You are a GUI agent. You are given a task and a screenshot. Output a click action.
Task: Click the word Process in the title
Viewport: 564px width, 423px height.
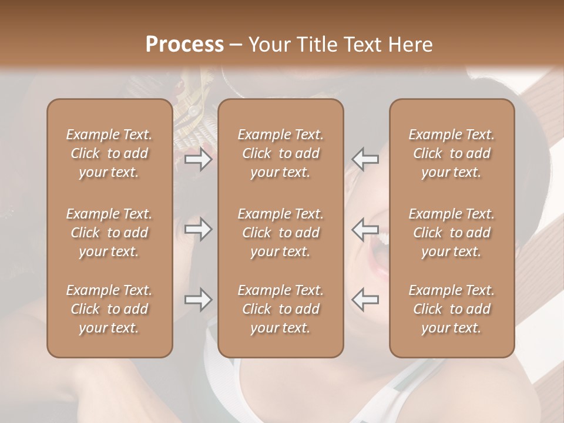tap(184, 45)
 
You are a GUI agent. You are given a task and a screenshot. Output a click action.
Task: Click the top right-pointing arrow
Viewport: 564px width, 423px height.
tap(198, 159)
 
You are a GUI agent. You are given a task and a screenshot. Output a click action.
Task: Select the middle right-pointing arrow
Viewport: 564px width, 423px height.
tap(198, 229)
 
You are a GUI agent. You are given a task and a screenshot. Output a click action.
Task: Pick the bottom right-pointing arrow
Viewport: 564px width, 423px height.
tap(198, 300)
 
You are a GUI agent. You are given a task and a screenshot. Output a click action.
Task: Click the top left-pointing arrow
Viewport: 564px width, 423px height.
tap(365, 159)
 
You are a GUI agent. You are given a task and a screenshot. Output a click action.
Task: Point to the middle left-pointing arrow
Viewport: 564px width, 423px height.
tap(365, 229)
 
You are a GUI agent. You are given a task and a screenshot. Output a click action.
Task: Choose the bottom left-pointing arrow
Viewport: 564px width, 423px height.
tap(365, 300)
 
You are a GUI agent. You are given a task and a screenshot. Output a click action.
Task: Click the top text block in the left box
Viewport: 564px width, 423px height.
tap(109, 153)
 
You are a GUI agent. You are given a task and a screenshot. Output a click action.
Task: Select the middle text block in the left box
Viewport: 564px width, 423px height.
tap(109, 233)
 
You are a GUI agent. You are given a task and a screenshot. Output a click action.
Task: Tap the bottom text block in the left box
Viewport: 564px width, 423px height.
tap(109, 309)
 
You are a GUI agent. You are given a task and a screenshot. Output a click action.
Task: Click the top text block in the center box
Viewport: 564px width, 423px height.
tap(281, 153)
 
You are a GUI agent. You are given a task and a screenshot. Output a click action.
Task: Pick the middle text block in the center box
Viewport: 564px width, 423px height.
tap(281, 233)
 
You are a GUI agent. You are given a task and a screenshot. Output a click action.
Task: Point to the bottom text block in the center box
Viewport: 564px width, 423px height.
tap(281, 309)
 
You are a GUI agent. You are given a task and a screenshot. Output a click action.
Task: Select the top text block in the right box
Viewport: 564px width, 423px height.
tap(452, 153)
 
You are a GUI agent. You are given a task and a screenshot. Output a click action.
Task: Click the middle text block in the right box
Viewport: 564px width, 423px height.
tap(452, 233)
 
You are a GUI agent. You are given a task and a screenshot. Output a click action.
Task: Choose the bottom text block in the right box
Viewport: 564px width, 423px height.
tap(452, 309)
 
